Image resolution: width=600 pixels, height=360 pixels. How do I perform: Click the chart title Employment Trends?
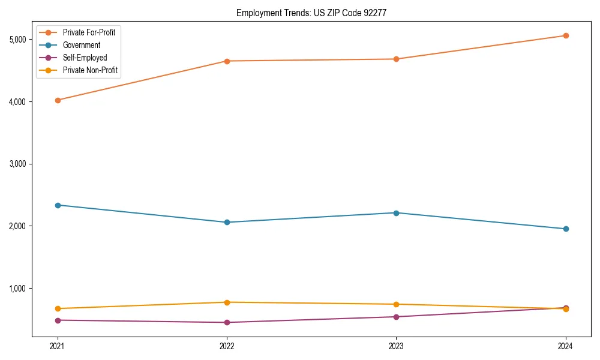315,13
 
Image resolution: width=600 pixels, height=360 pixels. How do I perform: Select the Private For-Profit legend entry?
89,32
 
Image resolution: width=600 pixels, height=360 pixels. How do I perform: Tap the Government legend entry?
81,45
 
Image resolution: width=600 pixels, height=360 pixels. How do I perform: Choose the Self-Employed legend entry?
85,58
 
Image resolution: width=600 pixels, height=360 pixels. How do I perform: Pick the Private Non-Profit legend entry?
90,70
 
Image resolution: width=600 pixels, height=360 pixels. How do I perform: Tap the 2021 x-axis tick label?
58,346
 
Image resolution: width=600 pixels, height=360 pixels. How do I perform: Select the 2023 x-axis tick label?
396,346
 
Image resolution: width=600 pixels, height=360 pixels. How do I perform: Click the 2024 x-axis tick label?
565,346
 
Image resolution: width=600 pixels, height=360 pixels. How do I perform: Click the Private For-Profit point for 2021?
58,100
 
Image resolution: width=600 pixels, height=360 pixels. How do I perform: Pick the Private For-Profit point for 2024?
565,35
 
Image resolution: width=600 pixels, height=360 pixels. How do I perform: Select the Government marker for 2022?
227,222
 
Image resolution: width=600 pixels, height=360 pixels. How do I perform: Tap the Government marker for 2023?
396,213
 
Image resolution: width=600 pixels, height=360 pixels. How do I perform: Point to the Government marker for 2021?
58,205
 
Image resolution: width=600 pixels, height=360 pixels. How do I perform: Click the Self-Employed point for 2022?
227,322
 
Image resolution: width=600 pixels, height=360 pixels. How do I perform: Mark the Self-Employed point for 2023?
396,317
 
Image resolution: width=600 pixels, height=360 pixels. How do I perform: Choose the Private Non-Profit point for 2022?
227,302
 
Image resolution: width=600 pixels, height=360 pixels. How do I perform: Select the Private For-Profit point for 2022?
227,61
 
